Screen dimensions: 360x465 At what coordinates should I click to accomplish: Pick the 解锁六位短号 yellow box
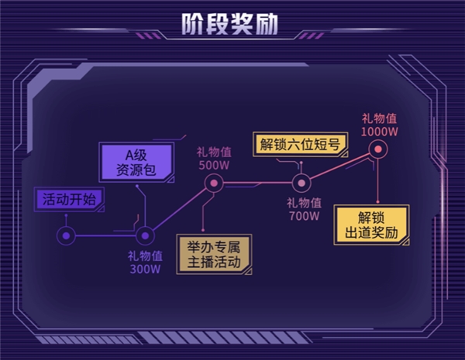(295, 144)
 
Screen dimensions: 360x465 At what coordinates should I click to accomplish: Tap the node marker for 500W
(213, 184)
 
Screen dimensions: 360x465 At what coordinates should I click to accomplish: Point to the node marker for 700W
(301, 184)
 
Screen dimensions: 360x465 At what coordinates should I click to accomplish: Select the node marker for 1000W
(378, 151)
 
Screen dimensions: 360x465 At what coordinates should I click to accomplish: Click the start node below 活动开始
(67, 235)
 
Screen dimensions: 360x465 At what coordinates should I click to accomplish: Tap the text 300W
(145, 269)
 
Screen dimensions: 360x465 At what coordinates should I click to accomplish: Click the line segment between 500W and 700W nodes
(256, 184)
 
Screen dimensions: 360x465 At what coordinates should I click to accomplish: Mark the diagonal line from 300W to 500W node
(179, 210)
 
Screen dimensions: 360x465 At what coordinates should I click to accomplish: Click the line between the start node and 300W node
(105, 235)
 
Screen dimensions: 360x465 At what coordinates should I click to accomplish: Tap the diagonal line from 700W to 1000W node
(339, 168)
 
